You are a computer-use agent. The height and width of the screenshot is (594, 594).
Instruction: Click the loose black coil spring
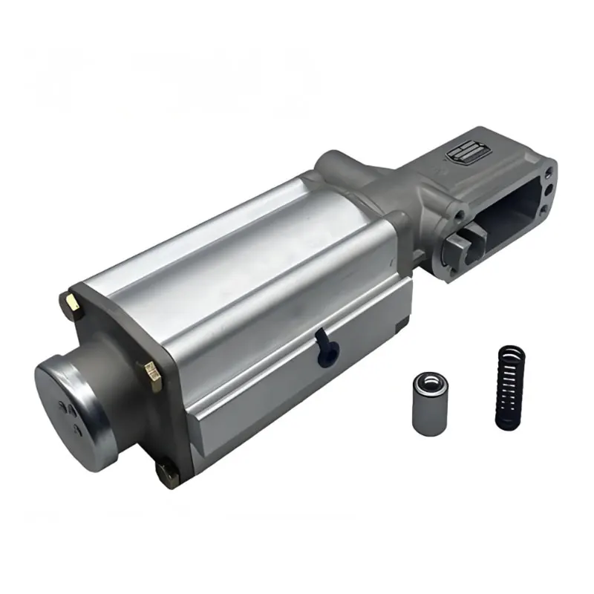coord(510,387)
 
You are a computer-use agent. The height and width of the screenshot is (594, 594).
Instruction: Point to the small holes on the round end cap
coord(68,408)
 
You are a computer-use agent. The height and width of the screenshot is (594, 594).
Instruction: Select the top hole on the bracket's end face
coord(547,172)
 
